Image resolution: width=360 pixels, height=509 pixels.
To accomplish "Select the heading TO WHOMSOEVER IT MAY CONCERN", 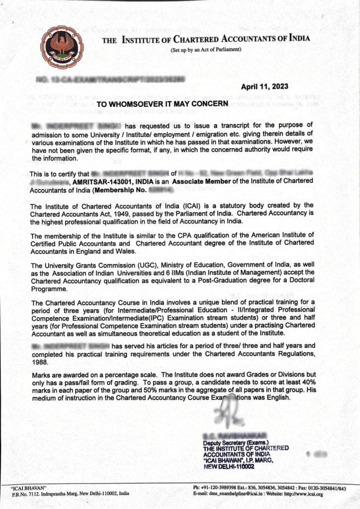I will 162,104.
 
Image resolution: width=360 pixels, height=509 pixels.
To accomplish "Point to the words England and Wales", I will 88,251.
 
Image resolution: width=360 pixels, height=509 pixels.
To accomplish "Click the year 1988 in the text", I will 41,362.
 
